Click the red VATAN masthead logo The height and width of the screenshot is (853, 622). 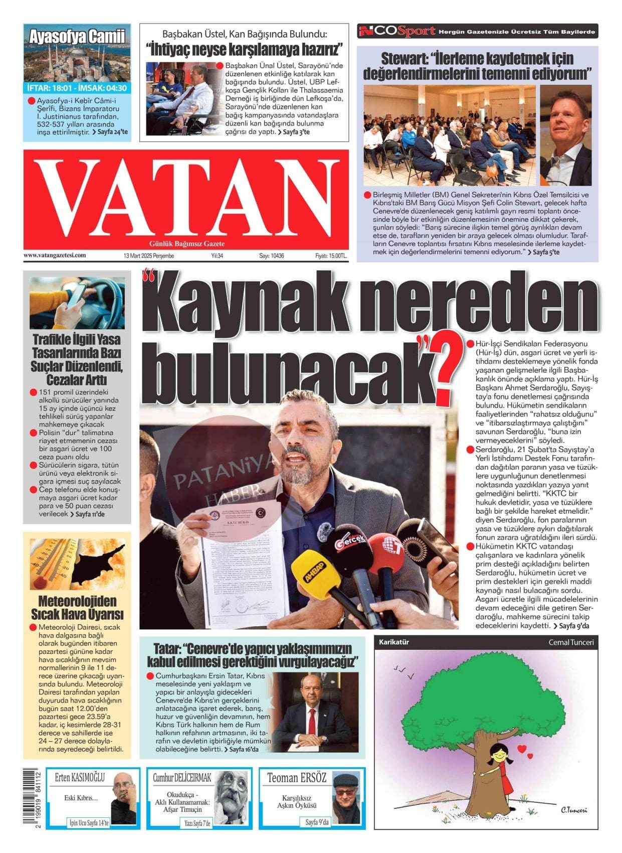click(x=186, y=199)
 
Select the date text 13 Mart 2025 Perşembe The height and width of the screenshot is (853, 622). click(x=148, y=256)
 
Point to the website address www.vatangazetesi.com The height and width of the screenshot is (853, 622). click(x=55, y=255)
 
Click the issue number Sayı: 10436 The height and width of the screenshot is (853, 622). click(x=272, y=256)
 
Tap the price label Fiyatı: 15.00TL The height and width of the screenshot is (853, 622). click(x=331, y=256)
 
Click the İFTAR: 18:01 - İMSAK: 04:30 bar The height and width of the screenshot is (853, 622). click(x=77, y=88)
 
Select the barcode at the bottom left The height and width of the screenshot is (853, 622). click(x=32, y=798)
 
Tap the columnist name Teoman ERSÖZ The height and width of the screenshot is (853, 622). click(x=297, y=778)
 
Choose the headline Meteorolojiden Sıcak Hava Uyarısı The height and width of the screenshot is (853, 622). click(x=77, y=608)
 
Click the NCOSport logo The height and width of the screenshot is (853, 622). click(x=396, y=32)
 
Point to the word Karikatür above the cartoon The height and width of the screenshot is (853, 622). click(x=394, y=642)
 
